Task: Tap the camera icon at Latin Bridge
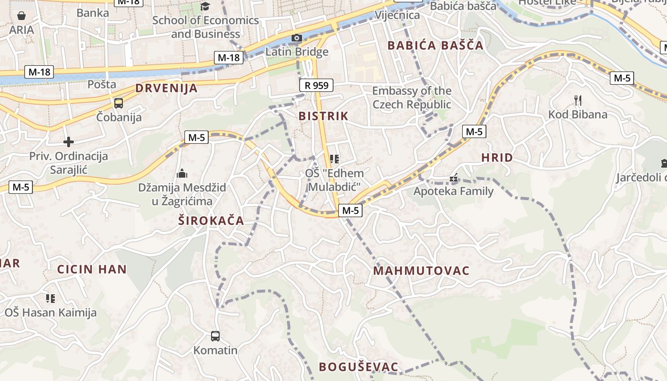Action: point(296,38)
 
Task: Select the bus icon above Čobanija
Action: point(118,103)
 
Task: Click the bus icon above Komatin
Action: point(215,336)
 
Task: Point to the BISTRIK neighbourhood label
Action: point(323,116)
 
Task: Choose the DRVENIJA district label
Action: point(166,88)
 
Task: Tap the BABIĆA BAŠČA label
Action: point(435,46)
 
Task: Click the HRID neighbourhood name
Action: point(497,158)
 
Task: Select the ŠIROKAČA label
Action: point(211,221)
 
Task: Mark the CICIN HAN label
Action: point(92,269)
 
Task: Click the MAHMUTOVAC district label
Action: point(422,271)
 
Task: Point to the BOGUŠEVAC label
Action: point(358,367)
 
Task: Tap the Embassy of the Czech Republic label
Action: point(412,98)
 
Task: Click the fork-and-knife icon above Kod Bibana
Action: point(578,100)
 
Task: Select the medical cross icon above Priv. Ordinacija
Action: point(69,142)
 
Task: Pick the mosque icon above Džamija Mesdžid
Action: point(182,174)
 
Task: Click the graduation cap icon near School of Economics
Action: point(205,6)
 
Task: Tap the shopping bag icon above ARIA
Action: point(21,16)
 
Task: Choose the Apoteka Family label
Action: point(454,191)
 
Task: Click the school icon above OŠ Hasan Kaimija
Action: point(51,299)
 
